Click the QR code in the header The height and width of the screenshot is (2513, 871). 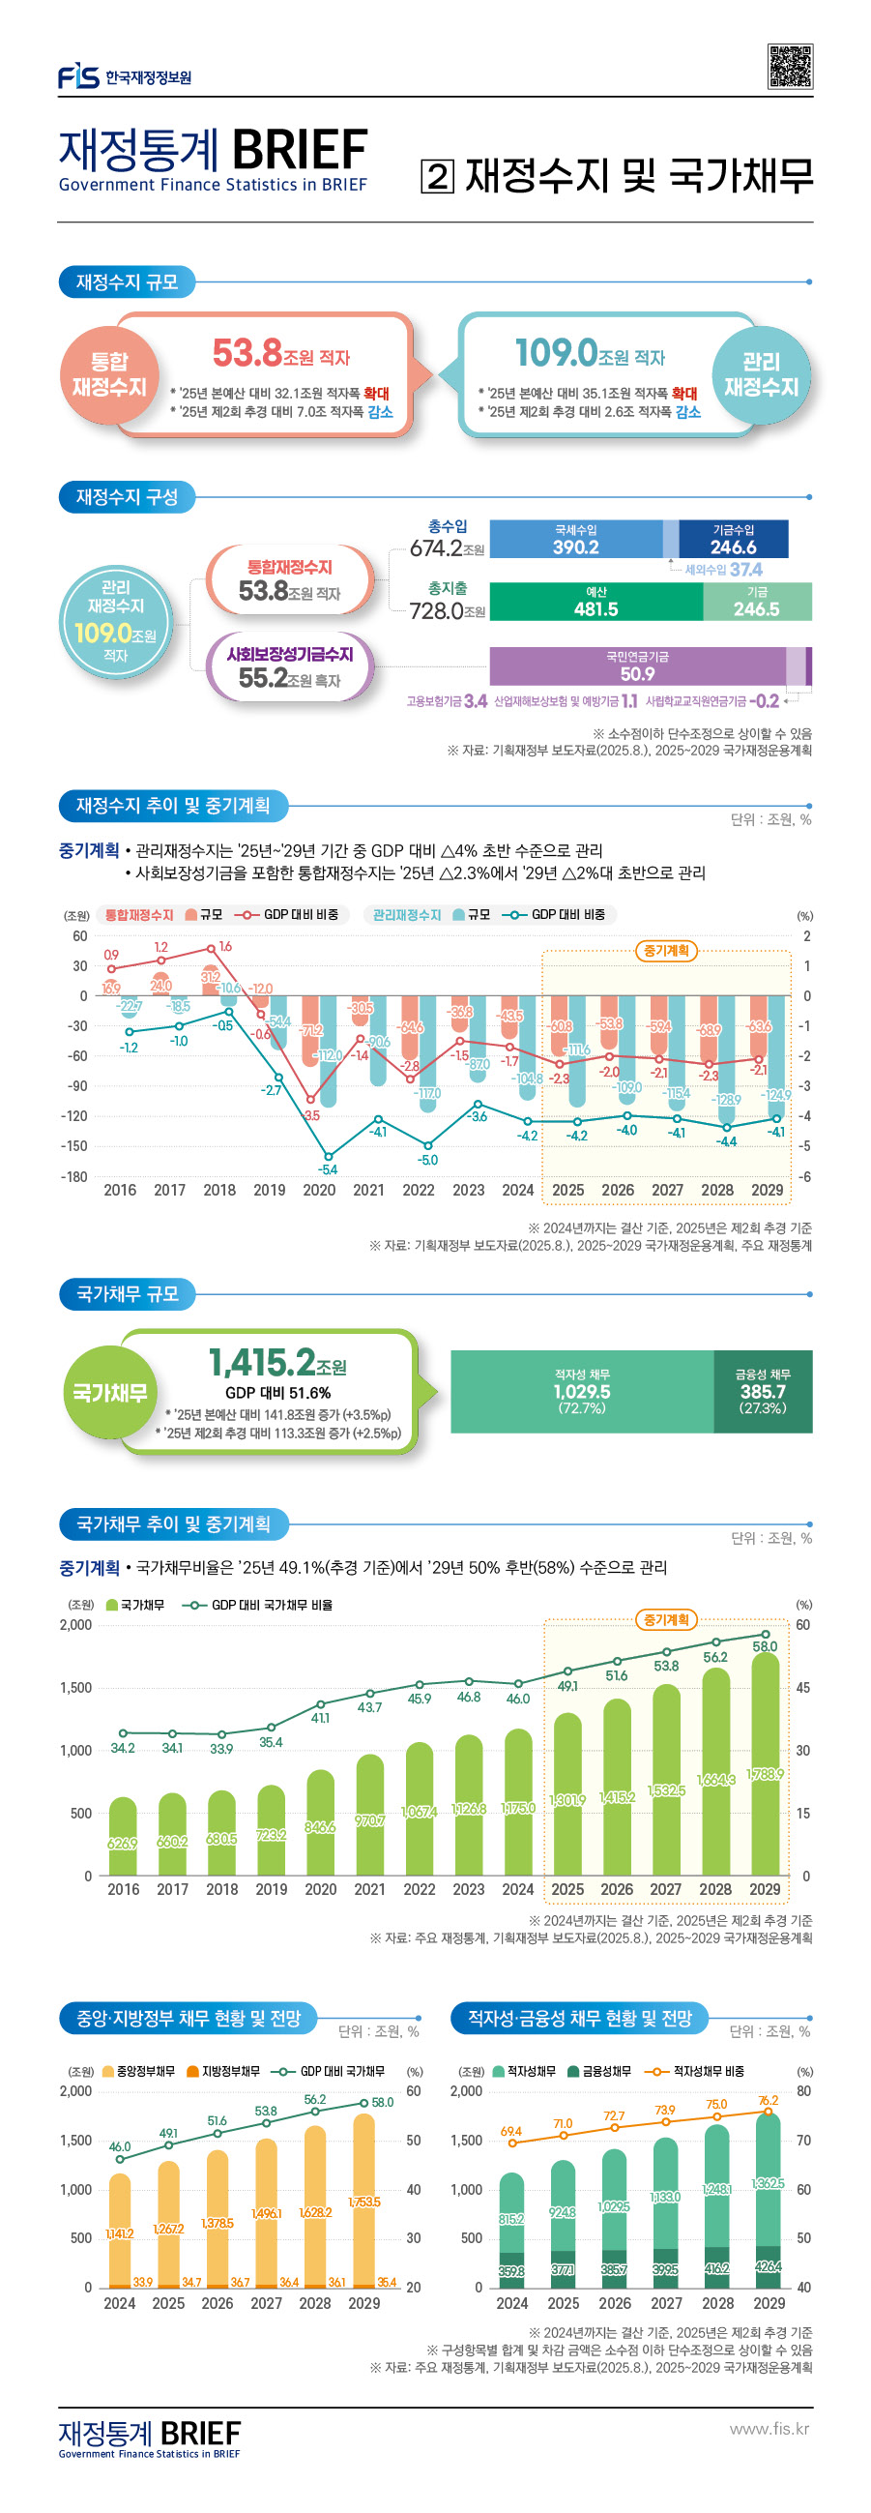tap(789, 68)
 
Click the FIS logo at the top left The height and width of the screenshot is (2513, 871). tap(78, 76)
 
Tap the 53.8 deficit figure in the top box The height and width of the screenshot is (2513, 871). tap(247, 353)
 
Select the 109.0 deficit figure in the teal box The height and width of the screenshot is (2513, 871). tap(556, 352)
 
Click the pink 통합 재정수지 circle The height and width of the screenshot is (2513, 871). tap(108, 375)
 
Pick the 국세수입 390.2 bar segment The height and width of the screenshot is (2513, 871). tap(575, 540)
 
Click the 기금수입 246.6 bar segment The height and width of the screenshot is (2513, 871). tap(734, 540)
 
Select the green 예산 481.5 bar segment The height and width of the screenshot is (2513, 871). tap(595, 602)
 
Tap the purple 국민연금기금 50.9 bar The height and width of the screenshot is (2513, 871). tap(638, 666)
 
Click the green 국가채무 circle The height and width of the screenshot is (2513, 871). tap(109, 1392)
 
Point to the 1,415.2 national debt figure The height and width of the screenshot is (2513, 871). tap(261, 1363)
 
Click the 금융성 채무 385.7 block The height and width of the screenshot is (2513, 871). tap(763, 1391)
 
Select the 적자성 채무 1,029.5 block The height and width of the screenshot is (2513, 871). tap(581, 1391)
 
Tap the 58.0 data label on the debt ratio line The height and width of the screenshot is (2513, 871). tap(765, 1646)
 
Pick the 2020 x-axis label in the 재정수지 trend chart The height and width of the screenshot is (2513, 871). tap(319, 1190)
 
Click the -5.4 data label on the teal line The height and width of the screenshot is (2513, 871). tap(328, 1169)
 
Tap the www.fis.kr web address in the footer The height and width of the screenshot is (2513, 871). tap(769, 2428)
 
